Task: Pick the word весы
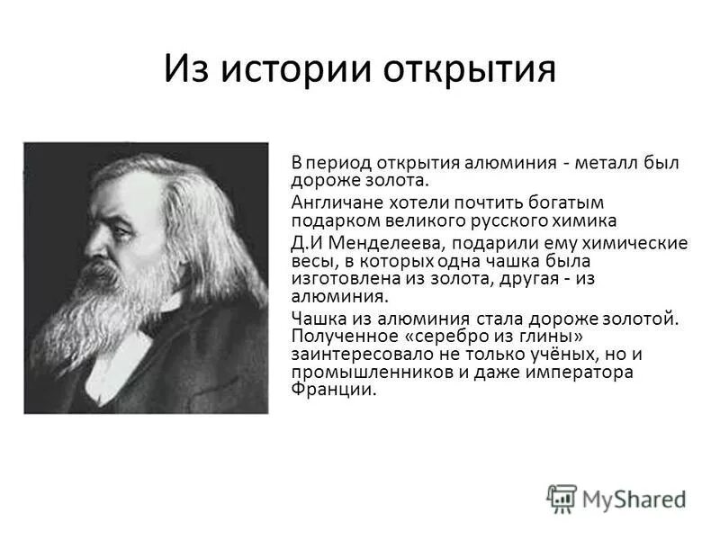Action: coord(310,261)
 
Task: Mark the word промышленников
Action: coord(357,372)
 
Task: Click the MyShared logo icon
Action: coord(562,498)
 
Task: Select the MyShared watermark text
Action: coord(634,499)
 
